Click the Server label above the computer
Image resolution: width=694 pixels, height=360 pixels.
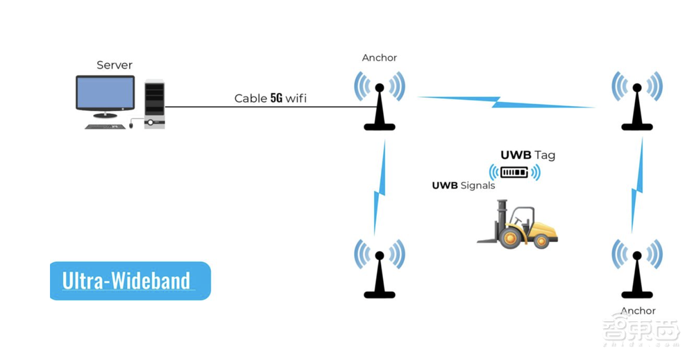tap(115, 65)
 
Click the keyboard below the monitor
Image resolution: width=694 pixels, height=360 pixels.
tap(107, 126)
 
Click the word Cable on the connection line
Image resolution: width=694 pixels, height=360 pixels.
tap(251, 98)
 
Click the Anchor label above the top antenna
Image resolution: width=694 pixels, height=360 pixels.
tap(380, 58)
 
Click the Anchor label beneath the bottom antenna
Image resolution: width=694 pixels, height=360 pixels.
tap(638, 311)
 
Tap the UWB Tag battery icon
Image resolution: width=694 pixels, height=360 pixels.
tap(514, 172)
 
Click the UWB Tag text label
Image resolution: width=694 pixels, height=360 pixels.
tap(527, 155)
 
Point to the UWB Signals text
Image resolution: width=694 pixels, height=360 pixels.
tap(464, 185)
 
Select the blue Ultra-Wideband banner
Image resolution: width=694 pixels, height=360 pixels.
tap(130, 280)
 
